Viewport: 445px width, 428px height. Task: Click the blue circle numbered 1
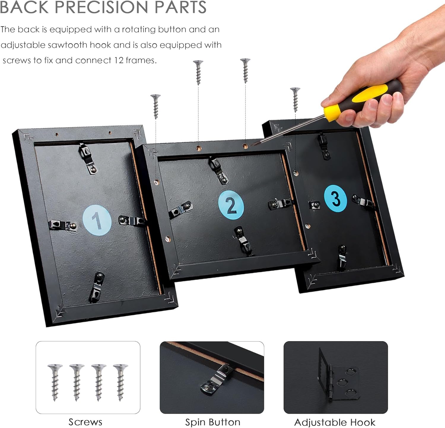tap(97, 220)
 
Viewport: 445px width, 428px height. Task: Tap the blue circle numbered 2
tap(231, 205)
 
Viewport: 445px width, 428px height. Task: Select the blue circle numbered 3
tap(336, 198)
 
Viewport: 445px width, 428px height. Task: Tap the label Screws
tap(85, 422)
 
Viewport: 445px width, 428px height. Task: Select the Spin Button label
tap(213, 422)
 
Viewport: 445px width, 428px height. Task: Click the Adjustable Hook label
tap(335, 422)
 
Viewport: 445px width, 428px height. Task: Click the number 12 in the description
tap(119, 60)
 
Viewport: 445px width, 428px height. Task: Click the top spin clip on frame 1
tap(88, 158)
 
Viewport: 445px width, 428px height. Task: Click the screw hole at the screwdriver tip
tap(245, 146)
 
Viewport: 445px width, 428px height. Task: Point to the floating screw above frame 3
tap(295, 100)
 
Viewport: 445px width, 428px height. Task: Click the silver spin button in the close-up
tap(216, 380)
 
